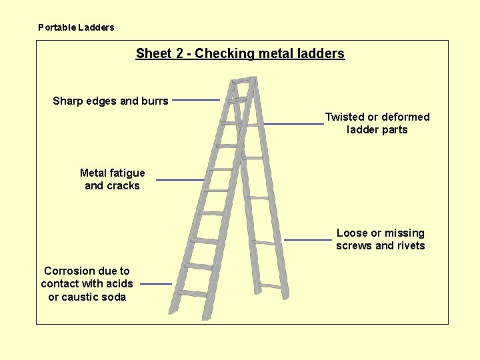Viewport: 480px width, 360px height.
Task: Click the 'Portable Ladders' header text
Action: pos(76,27)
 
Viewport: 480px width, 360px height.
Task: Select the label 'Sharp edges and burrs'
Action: pos(111,101)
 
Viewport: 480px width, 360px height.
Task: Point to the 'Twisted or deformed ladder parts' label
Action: pos(377,123)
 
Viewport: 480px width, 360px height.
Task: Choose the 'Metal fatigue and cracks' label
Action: pos(112,179)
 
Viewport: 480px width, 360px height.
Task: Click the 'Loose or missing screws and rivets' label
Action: pos(380,239)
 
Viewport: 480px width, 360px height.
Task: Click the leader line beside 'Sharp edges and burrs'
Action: pos(196,100)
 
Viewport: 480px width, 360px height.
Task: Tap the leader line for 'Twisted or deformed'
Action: pos(293,124)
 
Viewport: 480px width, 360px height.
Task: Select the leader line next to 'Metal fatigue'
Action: pos(180,179)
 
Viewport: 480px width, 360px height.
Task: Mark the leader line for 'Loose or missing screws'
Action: pos(307,239)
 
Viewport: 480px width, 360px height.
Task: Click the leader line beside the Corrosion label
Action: pos(156,283)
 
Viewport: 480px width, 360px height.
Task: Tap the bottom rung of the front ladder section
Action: pos(193,293)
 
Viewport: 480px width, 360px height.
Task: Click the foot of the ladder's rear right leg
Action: pos(285,295)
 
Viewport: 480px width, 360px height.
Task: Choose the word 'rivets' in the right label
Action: pos(411,246)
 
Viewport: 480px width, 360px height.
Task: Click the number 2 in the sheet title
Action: pos(180,53)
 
